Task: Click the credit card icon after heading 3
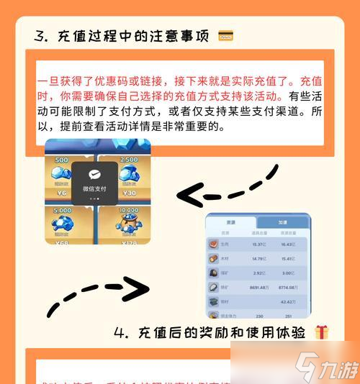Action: point(225,35)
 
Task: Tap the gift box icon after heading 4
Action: point(321,332)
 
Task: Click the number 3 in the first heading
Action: point(39,36)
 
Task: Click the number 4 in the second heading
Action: point(120,332)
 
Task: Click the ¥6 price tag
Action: point(61,193)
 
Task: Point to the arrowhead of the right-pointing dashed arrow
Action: point(135,289)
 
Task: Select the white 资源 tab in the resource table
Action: point(230,223)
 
